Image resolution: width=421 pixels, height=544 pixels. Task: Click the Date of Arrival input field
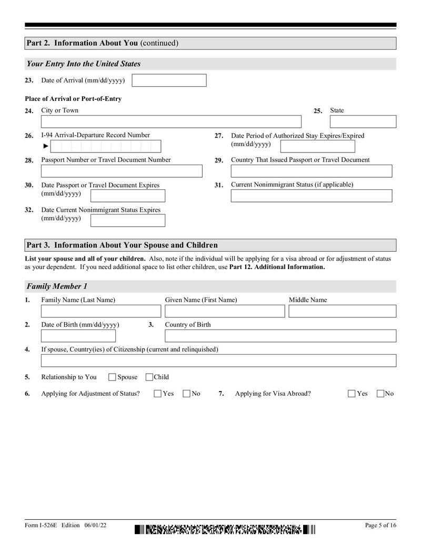coord(169,80)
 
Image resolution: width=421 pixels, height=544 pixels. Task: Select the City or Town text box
coord(171,122)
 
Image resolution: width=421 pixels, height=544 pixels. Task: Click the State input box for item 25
coord(363,122)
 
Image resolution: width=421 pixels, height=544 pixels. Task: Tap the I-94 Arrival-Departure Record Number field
coord(105,146)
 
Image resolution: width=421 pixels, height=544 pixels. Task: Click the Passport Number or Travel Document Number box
coord(122,171)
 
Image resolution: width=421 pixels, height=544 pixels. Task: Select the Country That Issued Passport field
coord(311,171)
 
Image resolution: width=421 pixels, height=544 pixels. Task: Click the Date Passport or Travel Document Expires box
coord(128,196)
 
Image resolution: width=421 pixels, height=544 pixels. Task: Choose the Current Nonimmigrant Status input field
coord(311,196)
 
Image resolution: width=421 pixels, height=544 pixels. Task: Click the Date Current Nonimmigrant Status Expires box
coord(128,220)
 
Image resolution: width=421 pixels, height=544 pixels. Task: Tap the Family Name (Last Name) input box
coord(101,311)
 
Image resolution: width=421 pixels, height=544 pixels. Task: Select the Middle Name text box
coord(342,311)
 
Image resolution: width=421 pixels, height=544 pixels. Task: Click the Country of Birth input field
coord(280,336)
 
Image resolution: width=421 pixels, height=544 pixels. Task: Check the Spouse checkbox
coord(112,377)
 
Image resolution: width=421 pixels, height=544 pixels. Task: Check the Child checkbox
coord(149,377)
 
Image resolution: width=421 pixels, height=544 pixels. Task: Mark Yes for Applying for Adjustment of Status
coord(158,394)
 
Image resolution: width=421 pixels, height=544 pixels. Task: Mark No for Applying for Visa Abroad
coord(380,394)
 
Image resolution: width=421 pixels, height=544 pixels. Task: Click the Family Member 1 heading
coord(57,286)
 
